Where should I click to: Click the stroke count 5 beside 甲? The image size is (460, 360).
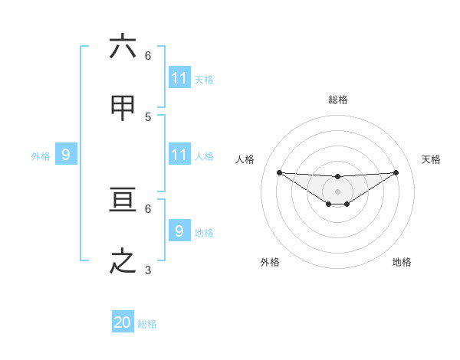click(x=148, y=116)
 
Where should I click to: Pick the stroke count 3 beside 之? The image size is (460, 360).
click(x=148, y=270)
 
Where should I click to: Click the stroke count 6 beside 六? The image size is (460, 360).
click(x=148, y=55)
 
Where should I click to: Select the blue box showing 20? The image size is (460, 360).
click(x=123, y=322)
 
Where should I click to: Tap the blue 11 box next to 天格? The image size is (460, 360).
click(x=179, y=78)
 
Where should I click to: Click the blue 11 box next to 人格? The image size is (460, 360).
click(x=179, y=155)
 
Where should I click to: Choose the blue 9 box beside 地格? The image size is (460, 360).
click(x=179, y=231)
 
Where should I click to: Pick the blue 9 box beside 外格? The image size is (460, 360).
click(x=66, y=155)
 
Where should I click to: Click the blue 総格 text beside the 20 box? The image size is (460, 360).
click(x=147, y=324)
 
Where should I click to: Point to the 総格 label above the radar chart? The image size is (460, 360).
click(x=338, y=100)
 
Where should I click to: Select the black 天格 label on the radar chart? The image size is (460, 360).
click(x=431, y=159)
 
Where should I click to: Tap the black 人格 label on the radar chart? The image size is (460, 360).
click(x=245, y=159)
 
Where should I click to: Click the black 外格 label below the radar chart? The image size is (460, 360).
click(x=270, y=262)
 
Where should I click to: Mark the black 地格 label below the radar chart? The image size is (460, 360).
click(x=402, y=262)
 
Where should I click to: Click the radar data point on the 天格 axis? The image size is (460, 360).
click(x=396, y=172)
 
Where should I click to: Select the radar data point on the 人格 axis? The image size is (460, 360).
click(x=279, y=172)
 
